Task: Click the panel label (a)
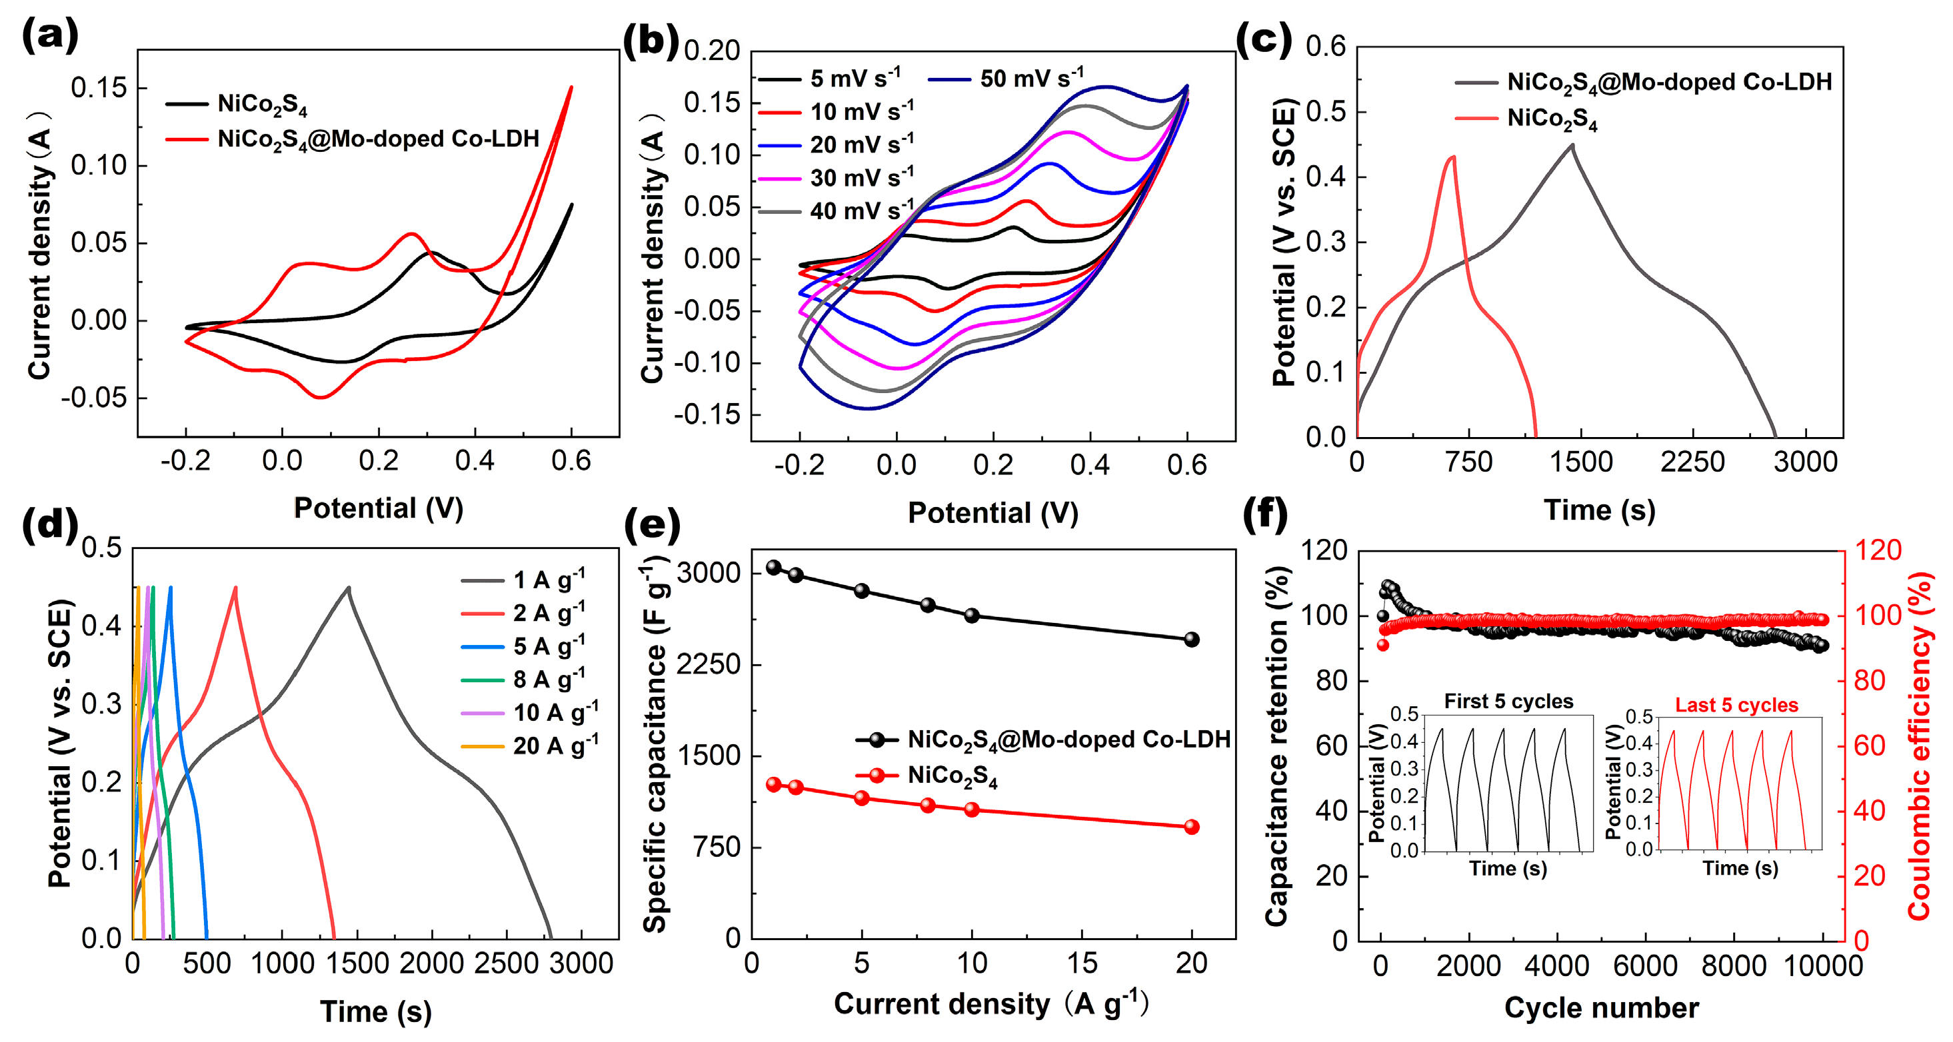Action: [x=49, y=35]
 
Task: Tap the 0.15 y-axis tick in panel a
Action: [x=99, y=88]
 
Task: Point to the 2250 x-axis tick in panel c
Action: [x=1692, y=462]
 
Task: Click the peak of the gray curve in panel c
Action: [x=1572, y=145]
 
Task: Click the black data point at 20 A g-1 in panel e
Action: [x=1191, y=640]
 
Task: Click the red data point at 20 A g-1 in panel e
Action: [x=1191, y=827]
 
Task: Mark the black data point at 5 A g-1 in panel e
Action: [x=861, y=591]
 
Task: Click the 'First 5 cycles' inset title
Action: [x=1508, y=701]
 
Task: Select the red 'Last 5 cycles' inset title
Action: [x=1736, y=705]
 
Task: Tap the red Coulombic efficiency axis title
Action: [x=1918, y=746]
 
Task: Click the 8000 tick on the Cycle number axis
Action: [x=1733, y=966]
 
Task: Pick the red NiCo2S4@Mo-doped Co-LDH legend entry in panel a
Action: [x=377, y=139]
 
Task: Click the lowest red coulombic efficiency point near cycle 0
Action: [x=1383, y=645]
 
